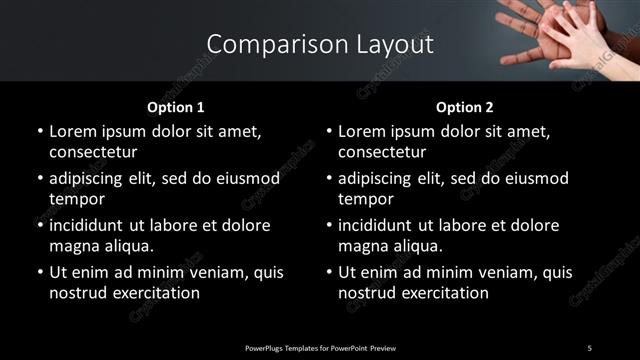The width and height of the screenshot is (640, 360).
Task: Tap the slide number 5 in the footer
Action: click(589, 347)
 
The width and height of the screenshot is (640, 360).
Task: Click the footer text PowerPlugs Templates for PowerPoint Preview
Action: click(320, 347)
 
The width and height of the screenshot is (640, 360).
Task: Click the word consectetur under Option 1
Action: click(93, 152)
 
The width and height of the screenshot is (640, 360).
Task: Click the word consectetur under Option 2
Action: click(382, 152)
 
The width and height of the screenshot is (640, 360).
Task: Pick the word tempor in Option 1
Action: click(74, 199)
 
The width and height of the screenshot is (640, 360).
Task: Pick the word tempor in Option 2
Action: click(363, 199)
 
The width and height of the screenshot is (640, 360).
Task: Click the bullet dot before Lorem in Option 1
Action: click(39, 131)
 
